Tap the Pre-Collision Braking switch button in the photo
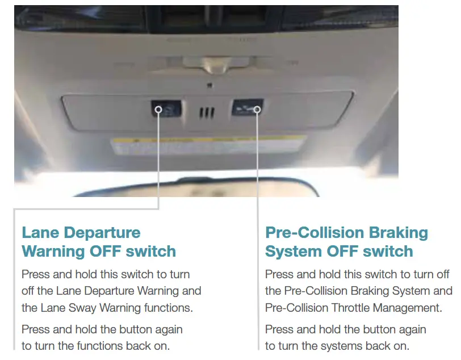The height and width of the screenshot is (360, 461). pyautogui.click(x=247, y=108)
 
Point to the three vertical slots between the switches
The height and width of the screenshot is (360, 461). pyautogui.click(x=207, y=112)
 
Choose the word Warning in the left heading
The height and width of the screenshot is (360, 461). pyautogui.click(x=53, y=252)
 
